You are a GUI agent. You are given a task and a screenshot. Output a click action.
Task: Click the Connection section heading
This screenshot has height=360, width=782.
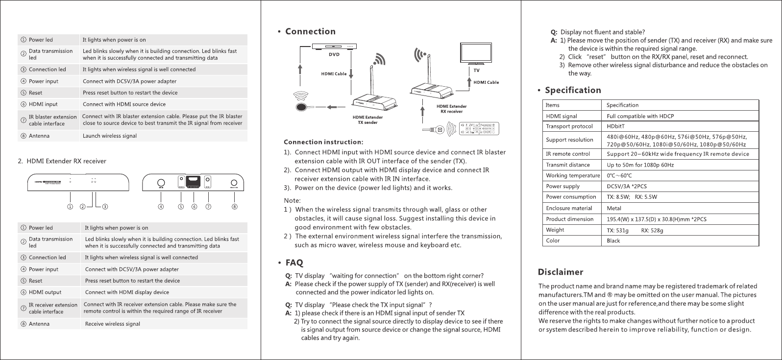[310, 32]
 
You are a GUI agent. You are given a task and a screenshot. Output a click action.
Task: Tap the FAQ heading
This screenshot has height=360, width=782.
[294, 263]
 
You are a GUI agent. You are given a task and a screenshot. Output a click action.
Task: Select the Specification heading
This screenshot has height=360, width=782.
[573, 91]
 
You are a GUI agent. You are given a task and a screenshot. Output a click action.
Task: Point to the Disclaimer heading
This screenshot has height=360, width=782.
[561, 272]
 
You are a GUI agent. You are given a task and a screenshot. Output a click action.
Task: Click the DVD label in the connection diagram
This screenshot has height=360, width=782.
[334, 55]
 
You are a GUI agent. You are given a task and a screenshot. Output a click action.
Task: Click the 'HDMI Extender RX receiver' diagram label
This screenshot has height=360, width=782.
[451, 109]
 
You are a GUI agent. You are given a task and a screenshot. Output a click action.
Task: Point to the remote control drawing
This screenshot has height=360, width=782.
[478, 128]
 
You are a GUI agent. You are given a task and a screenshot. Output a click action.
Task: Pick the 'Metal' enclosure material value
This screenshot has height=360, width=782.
[613, 208]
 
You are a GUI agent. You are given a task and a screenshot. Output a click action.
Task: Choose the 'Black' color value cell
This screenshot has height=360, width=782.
[613, 240]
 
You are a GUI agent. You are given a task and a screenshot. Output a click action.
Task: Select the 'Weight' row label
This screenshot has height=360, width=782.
[555, 230]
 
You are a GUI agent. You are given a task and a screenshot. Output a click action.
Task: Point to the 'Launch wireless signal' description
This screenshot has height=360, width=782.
[110, 136]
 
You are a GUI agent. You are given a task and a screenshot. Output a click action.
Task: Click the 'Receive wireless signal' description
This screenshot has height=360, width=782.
[112, 324]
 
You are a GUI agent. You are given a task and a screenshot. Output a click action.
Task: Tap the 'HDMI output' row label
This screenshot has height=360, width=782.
[45, 292]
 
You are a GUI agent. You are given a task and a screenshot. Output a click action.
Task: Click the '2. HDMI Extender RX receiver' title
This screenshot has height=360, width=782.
[62, 161]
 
